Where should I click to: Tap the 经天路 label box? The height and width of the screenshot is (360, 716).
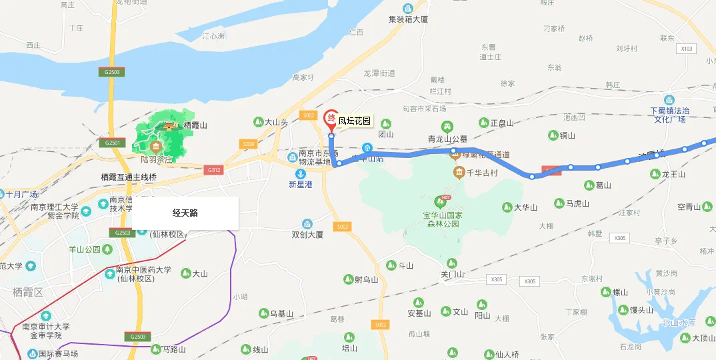coord(185,213)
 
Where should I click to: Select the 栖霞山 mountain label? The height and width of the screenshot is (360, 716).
coord(195,125)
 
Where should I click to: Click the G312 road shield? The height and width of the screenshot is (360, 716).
coord(214,170)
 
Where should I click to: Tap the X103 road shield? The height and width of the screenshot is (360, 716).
coord(686,49)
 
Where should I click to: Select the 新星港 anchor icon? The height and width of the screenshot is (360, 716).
coord(300,173)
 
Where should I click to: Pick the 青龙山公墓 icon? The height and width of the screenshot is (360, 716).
coord(448,127)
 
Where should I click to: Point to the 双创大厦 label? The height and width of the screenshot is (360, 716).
coord(307,235)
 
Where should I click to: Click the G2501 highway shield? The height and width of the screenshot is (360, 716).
coord(112,143)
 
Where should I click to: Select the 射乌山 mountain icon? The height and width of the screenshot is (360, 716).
coord(347,279)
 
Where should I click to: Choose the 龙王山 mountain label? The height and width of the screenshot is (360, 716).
coord(673,175)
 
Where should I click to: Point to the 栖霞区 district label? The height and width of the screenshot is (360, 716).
coord(27,292)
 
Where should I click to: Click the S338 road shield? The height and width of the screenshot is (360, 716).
coord(249,144)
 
